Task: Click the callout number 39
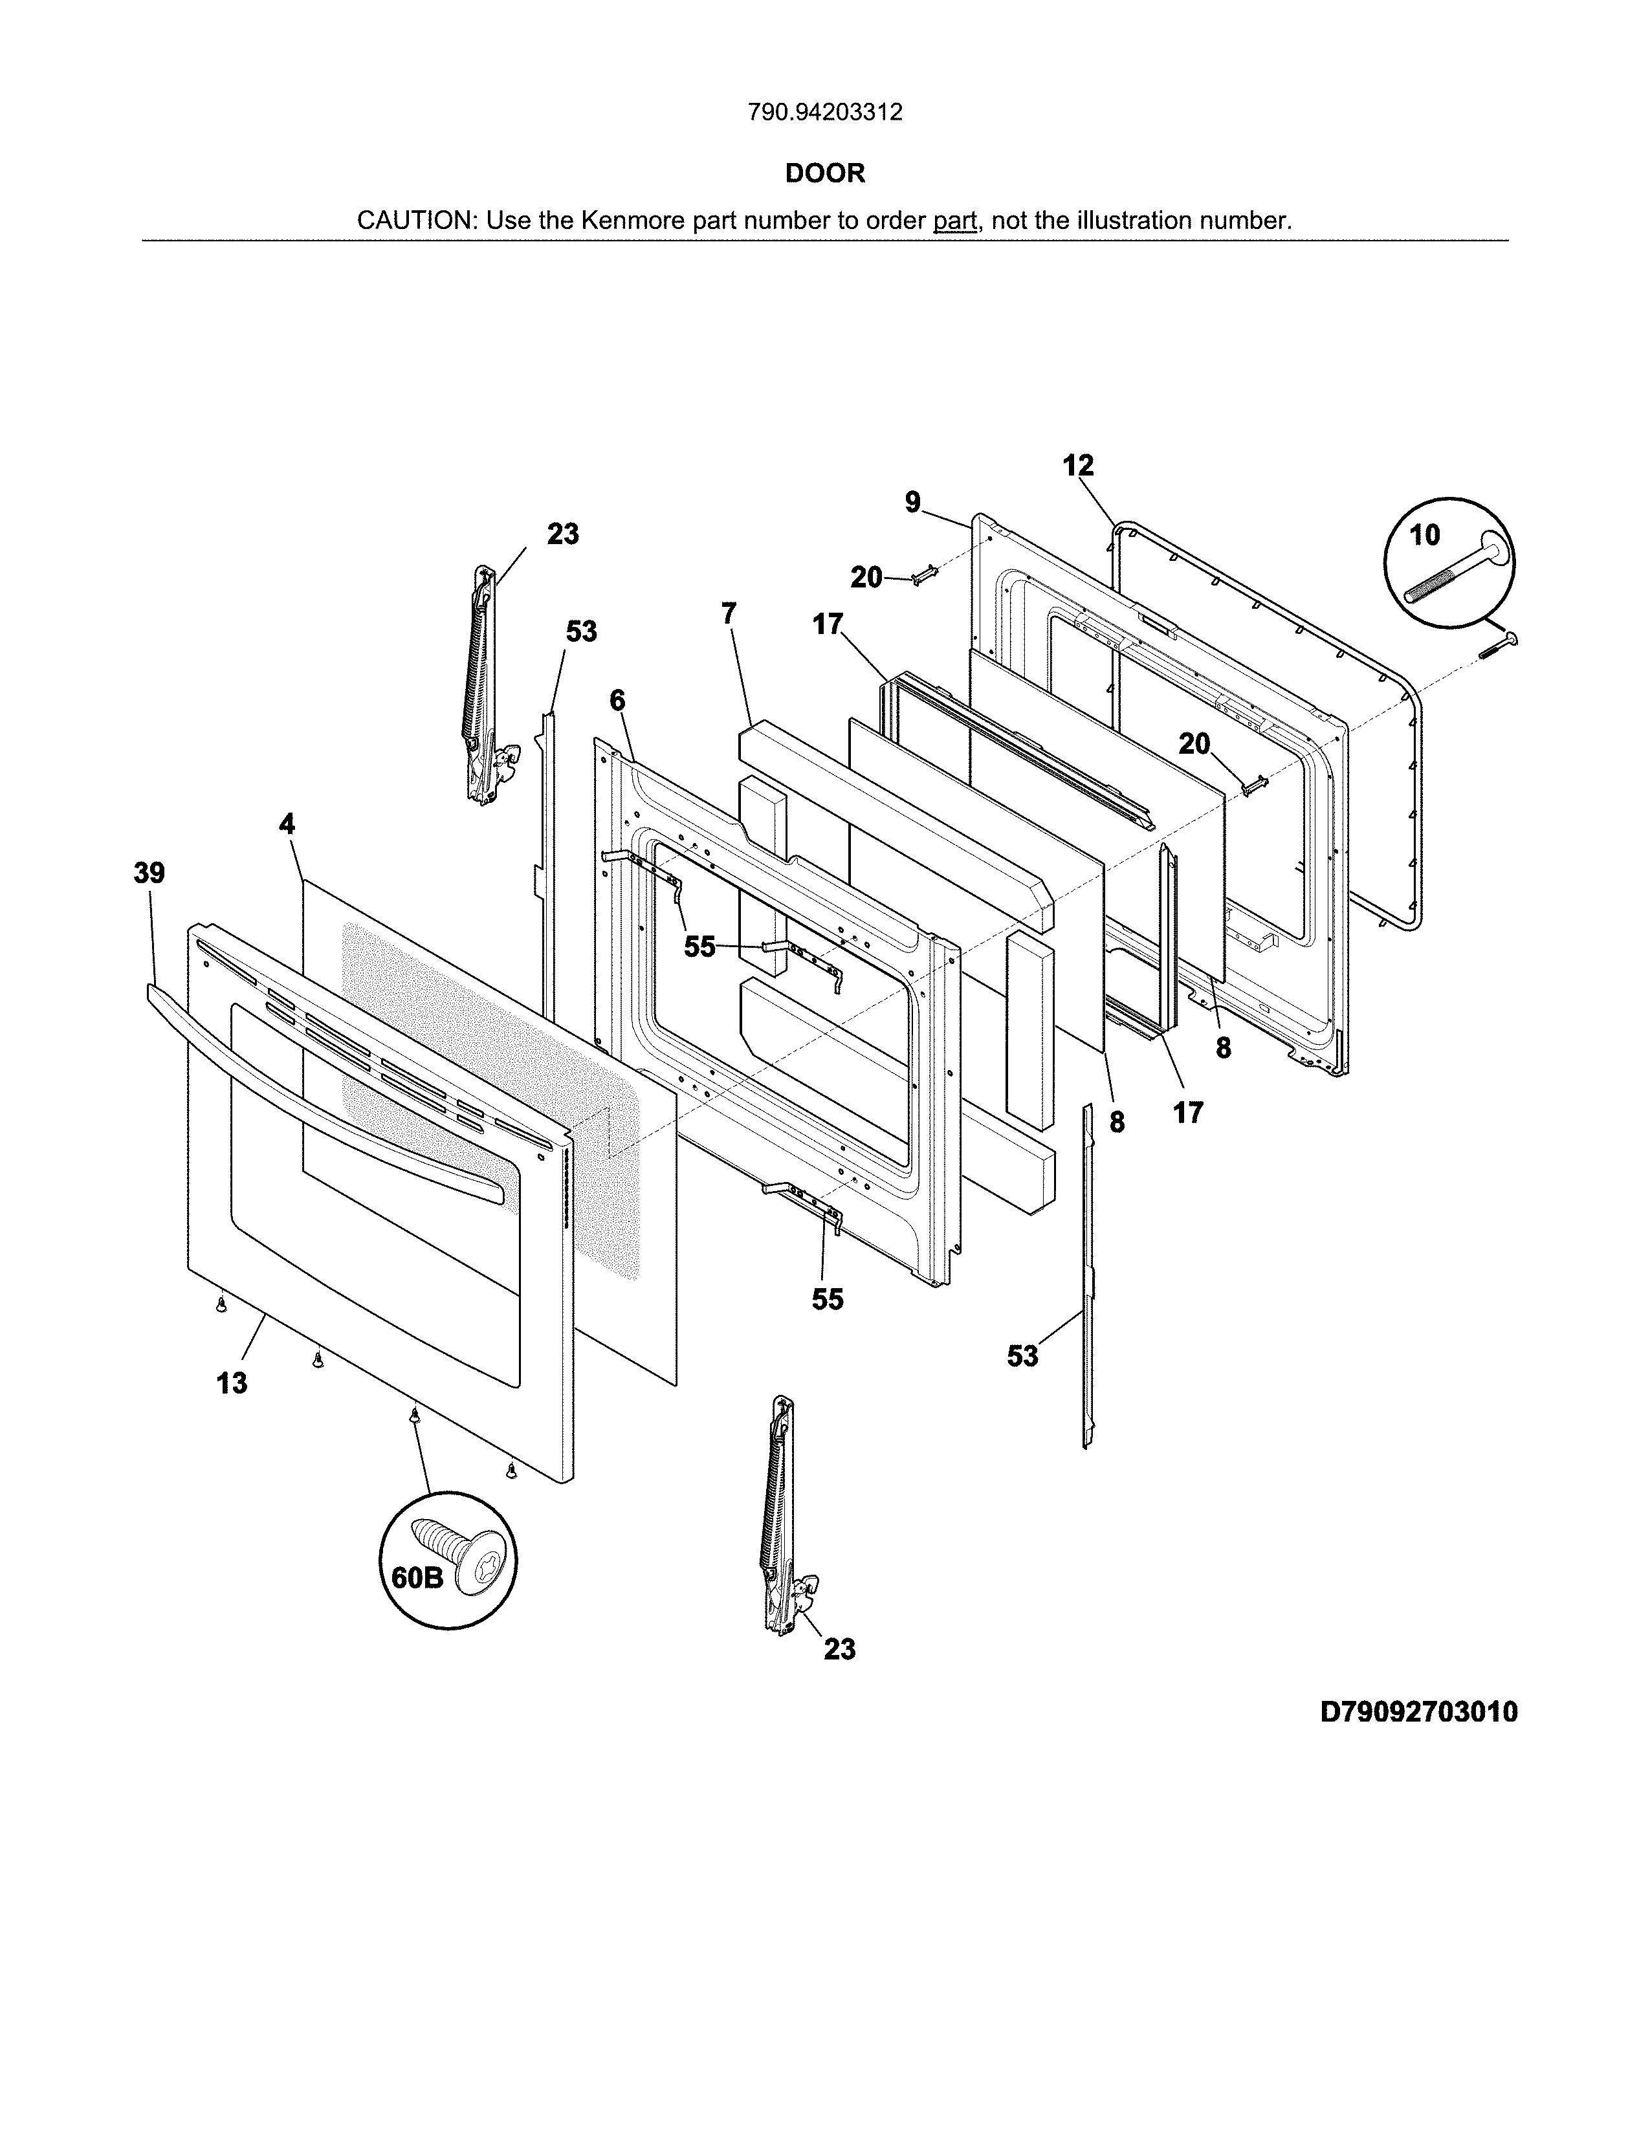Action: coord(149,873)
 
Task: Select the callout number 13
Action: coord(232,1383)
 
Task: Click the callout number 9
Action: coord(912,503)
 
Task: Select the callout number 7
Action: coord(728,614)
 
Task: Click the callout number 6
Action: coord(616,700)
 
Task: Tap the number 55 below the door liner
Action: coord(827,1299)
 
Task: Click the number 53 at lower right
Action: coord(1022,1356)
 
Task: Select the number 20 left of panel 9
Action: coord(866,578)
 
